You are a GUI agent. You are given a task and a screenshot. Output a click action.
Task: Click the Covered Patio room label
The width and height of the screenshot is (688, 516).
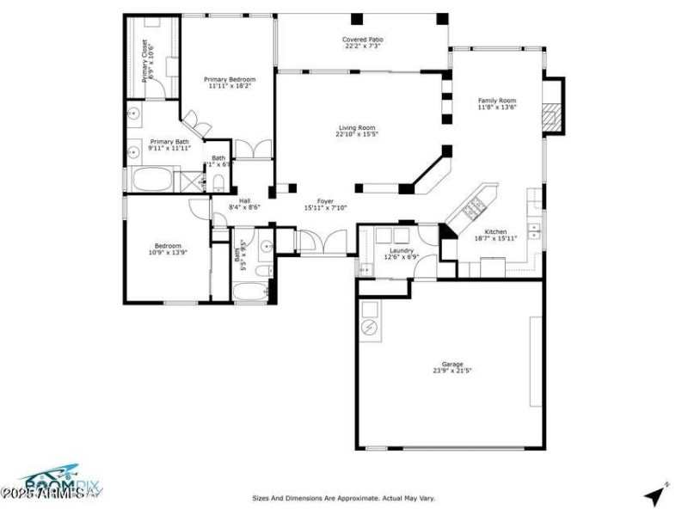362,40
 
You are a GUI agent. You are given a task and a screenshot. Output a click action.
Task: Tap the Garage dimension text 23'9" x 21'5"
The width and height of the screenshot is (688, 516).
452,372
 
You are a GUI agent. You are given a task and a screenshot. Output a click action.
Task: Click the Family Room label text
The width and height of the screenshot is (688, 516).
496,101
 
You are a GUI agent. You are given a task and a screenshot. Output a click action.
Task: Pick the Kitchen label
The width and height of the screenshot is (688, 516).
495,232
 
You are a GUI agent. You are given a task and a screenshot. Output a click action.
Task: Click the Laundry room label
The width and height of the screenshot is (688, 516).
402,250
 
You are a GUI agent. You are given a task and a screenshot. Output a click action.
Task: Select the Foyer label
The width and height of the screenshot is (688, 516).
325,200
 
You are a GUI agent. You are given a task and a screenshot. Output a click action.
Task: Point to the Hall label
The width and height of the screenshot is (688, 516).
244,200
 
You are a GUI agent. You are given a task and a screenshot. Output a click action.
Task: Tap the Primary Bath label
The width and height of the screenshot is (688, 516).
169,142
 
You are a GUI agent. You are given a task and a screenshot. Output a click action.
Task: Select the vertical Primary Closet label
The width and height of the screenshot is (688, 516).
145,60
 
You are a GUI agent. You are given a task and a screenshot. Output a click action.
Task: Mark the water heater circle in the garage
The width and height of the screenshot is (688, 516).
370,328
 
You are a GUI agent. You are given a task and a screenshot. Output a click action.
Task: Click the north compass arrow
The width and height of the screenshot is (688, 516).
656,494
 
